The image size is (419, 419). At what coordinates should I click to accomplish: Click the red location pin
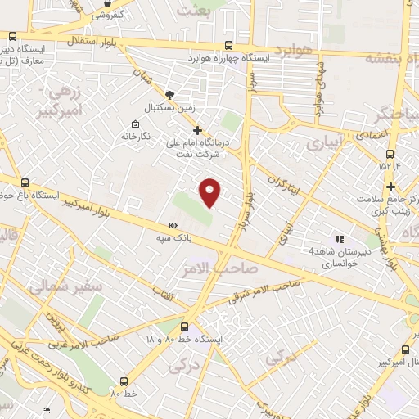click(x=210, y=191)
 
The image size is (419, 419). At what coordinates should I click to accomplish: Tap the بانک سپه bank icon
click(x=173, y=223)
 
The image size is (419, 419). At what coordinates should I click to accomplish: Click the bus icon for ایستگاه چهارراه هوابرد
click(x=228, y=47)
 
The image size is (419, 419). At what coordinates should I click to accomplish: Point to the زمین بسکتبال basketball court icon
click(x=169, y=95)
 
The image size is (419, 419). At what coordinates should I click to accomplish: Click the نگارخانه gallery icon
click(x=133, y=125)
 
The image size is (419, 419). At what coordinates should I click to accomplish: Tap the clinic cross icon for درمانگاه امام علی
click(x=196, y=129)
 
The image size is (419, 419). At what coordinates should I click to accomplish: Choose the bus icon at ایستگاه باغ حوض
click(x=25, y=183)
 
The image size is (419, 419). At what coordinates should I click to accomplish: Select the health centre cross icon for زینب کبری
click(x=390, y=186)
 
